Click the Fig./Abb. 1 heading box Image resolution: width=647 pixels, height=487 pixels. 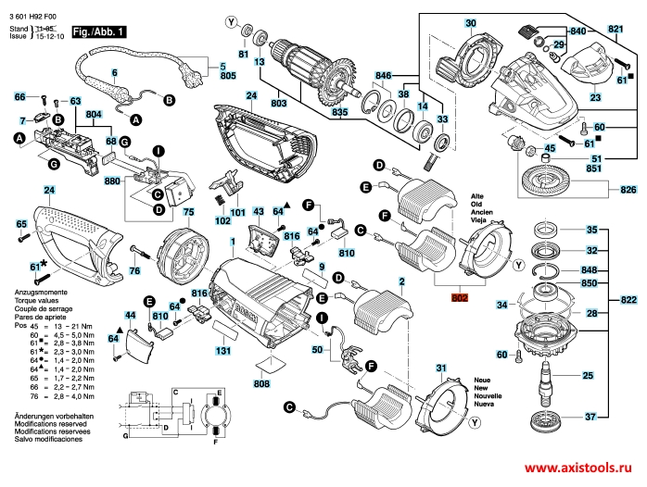pos(101,32)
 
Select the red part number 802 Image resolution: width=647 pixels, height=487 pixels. pos(460,299)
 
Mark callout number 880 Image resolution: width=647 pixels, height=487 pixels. pos(111,181)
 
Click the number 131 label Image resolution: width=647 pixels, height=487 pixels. pos(223,351)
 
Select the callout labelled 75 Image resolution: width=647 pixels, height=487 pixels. pos(188,212)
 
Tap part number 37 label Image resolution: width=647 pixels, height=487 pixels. pos(590,418)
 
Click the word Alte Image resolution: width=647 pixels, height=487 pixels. pos(478,197)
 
